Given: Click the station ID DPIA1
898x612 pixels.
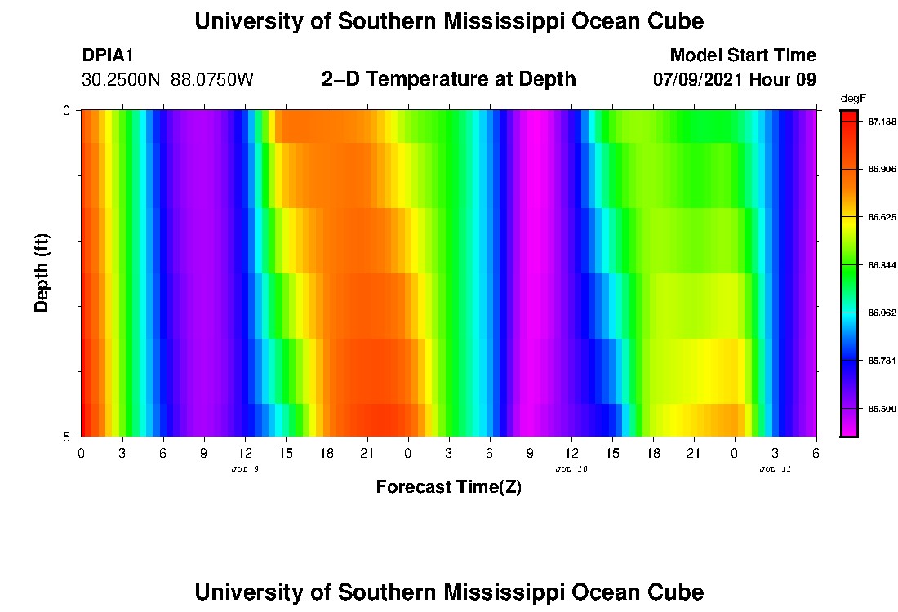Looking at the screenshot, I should pos(108,55).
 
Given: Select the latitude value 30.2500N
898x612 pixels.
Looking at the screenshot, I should pos(122,80).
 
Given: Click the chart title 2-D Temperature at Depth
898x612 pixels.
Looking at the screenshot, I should pos(449,79).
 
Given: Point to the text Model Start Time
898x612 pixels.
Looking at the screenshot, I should pos(742,55).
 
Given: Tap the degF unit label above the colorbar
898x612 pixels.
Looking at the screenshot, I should pos(852,99).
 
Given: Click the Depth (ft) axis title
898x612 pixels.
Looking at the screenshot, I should pos(42,273).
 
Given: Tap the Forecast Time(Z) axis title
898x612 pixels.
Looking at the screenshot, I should pos(448,487).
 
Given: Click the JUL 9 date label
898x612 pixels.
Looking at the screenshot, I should pos(245,469).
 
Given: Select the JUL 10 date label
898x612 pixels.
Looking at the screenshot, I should pos(571,469).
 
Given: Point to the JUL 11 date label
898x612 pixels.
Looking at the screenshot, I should pos(775,469).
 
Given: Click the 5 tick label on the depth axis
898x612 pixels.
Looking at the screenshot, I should pos(67,437).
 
